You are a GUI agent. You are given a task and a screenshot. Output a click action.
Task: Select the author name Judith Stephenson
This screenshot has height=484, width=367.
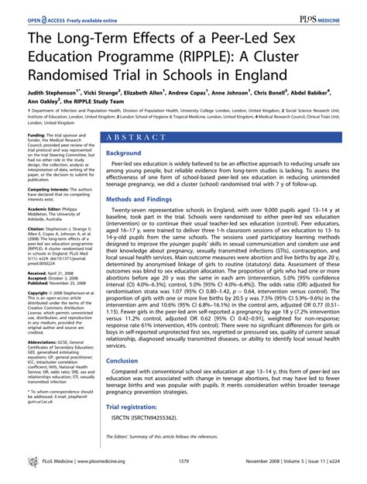44,90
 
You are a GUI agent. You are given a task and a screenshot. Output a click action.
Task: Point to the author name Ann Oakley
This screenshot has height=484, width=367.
32,100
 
